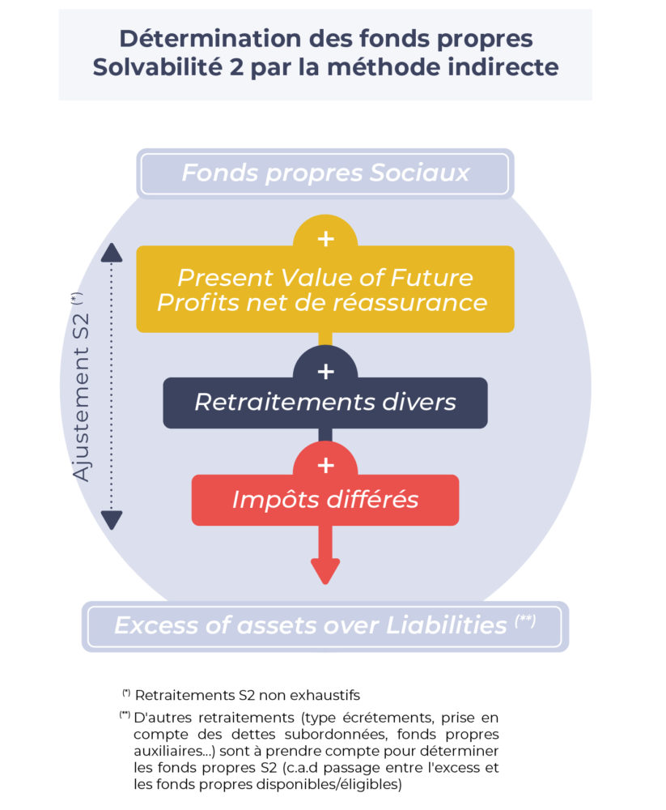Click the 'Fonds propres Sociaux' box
(x=325, y=173)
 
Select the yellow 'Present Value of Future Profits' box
(x=325, y=289)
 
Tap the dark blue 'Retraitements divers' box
(x=325, y=402)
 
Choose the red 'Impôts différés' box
(x=325, y=500)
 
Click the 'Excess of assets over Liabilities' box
(x=325, y=625)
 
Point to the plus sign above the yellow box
(x=325, y=239)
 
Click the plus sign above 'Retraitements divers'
(x=325, y=371)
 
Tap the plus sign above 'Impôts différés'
(x=325, y=466)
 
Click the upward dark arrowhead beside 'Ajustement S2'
(x=112, y=253)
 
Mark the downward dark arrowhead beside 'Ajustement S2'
(x=112, y=519)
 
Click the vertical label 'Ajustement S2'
(x=82, y=389)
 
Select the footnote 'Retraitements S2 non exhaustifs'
(x=247, y=694)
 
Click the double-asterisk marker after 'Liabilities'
(x=525, y=621)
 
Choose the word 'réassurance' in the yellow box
(x=412, y=303)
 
